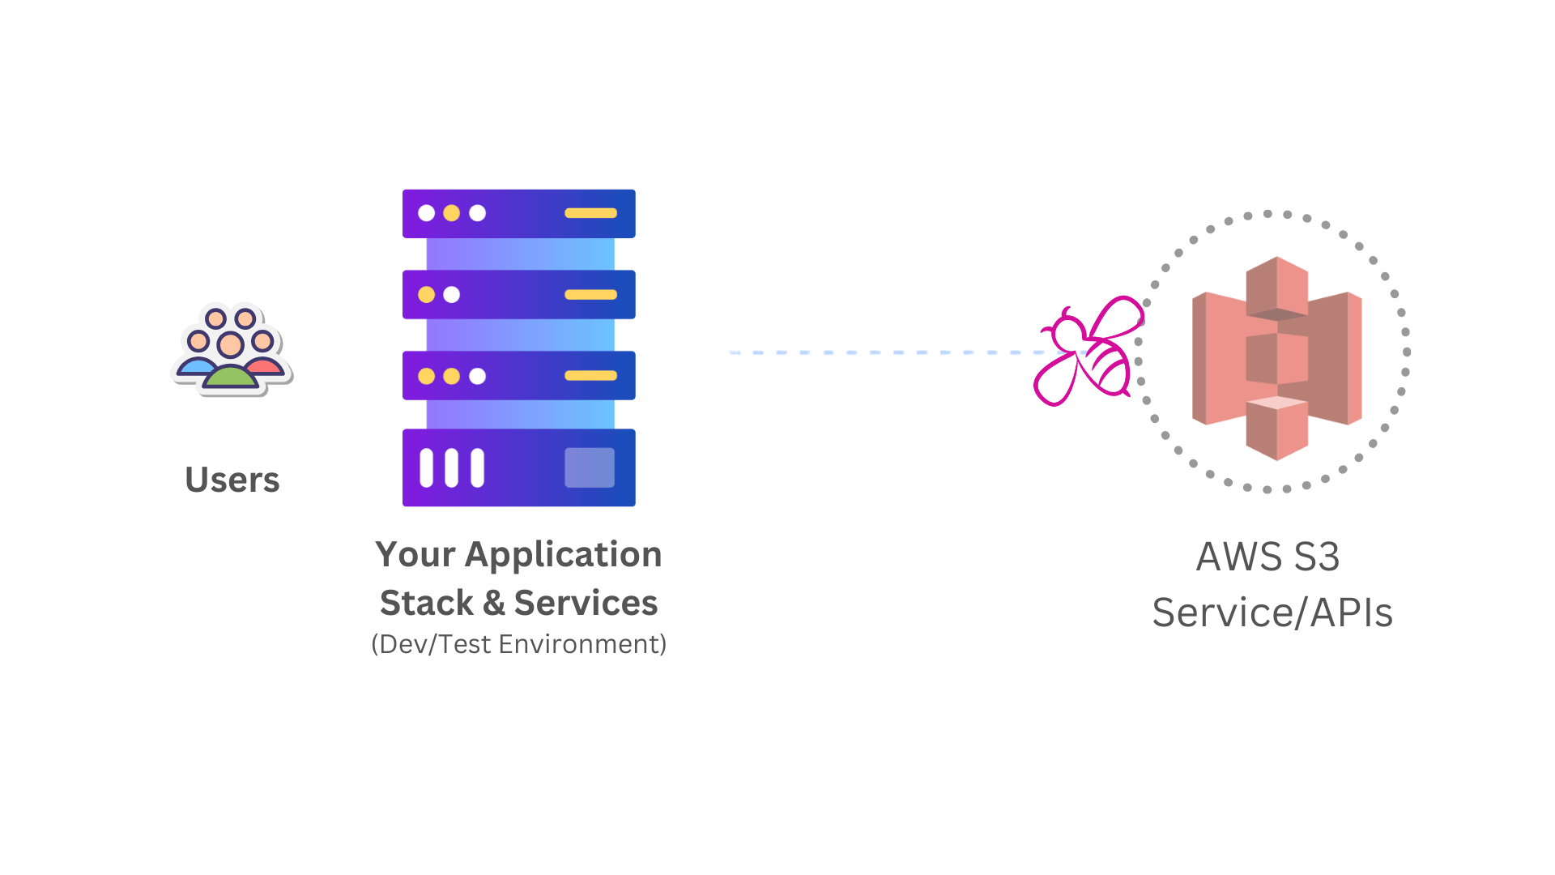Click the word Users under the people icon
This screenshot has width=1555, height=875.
(232, 480)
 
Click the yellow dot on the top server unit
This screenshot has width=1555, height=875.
(452, 213)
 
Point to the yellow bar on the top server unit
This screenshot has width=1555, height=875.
(590, 213)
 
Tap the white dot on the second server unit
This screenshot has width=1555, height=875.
(452, 295)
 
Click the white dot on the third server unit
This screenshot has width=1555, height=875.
(478, 376)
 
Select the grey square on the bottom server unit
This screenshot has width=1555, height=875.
(590, 467)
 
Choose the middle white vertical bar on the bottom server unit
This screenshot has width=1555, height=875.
(452, 467)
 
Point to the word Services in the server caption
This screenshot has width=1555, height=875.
(586, 604)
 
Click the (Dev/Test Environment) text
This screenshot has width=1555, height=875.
(519, 644)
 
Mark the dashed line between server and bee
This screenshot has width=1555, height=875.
(883, 352)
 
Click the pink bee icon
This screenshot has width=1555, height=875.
(1085, 352)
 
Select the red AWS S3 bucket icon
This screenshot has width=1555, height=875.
(1276, 358)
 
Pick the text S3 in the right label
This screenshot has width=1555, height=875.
(1317, 557)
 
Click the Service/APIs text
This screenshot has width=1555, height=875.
(1272, 612)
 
